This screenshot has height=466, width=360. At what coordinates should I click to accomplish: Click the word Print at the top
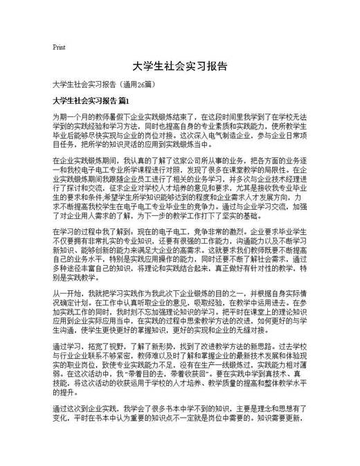(59, 47)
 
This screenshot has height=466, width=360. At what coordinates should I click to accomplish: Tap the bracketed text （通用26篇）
(142, 84)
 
